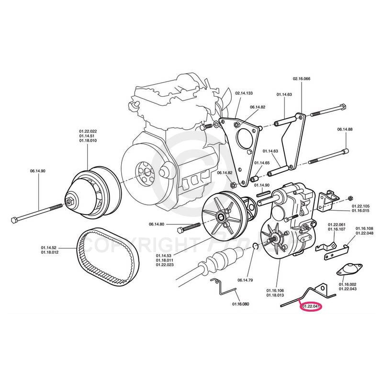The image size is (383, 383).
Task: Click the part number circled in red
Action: pos(311,306)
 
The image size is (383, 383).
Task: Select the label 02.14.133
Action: pos(244,93)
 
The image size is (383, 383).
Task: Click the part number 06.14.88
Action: pos(345,129)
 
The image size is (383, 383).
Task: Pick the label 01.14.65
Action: pos(262,163)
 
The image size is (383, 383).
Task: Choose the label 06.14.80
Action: pos(157,224)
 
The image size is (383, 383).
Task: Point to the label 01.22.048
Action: pos(364,234)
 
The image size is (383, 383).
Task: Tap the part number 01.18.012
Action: pos(50,252)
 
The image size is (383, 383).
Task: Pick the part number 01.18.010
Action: pos(88,141)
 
